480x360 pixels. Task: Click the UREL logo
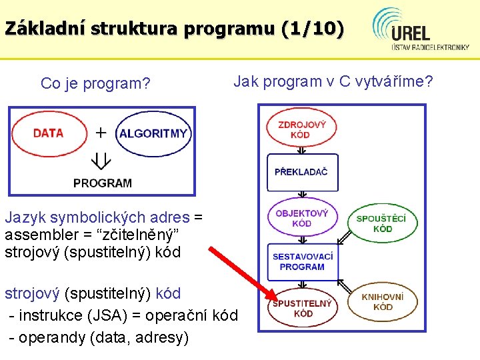tap(420, 30)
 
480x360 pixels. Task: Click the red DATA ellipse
tap(48, 133)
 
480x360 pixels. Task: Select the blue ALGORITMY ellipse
tap(153, 133)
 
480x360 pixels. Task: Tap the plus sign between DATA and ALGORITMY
tap(101, 132)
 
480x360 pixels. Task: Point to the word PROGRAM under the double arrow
tap(103, 182)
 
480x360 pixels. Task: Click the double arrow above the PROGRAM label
tap(101, 161)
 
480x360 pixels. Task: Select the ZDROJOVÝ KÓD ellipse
tap(301, 129)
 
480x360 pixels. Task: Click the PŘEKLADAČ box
tap(301, 171)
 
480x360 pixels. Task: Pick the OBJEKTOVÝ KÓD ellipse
tap(301, 218)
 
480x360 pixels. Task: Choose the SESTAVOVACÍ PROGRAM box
tap(302, 261)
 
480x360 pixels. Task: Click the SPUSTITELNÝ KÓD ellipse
tap(302, 308)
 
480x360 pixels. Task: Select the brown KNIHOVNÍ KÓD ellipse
tap(383, 302)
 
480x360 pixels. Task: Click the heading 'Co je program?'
tap(95, 83)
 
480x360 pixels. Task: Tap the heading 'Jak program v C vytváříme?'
tap(333, 81)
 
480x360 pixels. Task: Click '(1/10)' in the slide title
tap(313, 29)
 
